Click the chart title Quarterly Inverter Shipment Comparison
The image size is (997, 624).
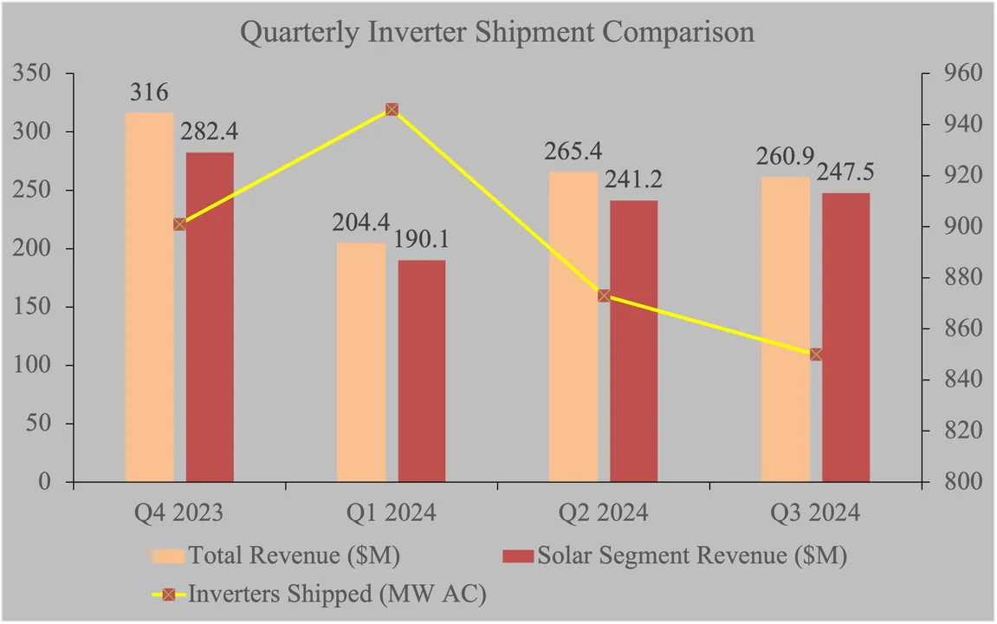(x=497, y=32)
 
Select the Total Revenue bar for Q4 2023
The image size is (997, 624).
(x=149, y=297)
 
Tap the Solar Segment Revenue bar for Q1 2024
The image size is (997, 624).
(x=422, y=371)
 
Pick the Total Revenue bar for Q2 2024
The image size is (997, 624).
(x=573, y=327)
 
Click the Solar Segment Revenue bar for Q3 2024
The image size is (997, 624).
(x=846, y=337)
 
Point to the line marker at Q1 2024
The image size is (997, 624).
(x=392, y=109)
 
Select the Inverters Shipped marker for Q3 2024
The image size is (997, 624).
(x=816, y=354)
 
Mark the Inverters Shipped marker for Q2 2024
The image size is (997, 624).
(x=604, y=296)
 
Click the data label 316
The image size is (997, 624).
(x=149, y=94)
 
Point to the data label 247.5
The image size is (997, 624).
(x=845, y=172)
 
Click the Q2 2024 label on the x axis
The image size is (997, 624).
(x=604, y=513)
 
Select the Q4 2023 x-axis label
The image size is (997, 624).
(x=179, y=513)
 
